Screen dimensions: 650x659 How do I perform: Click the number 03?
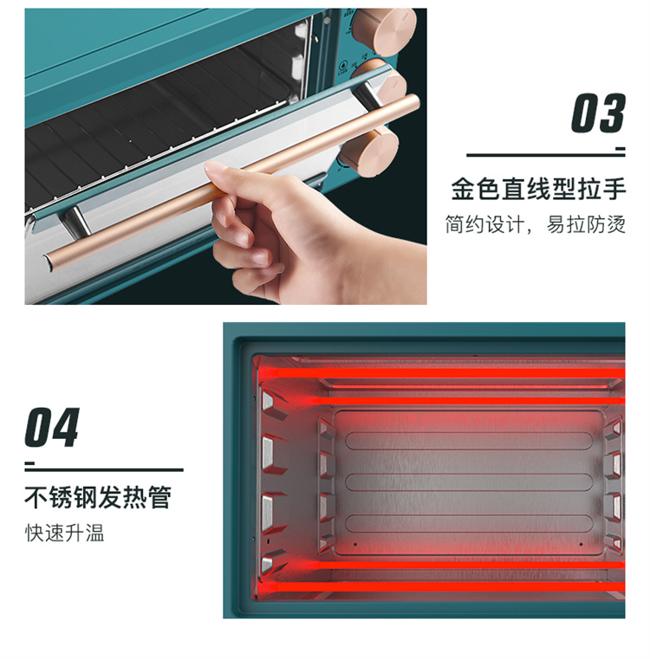pyautogui.click(x=598, y=113)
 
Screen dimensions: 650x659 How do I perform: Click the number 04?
pyautogui.click(x=52, y=427)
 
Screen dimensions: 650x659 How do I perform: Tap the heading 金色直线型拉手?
pyautogui.click(x=538, y=189)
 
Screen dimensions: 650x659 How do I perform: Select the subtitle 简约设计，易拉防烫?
pyautogui.click(x=536, y=224)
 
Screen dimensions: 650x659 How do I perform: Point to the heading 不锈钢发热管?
pyautogui.click(x=98, y=498)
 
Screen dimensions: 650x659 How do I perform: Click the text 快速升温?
pyautogui.click(x=64, y=533)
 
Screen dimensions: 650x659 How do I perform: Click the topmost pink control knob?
pyautogui.click(x=385, y=30)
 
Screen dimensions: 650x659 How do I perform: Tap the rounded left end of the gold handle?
pyautogui.click(x=47, y=262)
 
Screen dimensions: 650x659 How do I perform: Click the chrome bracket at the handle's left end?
pyautogui.click(x=75, y=222)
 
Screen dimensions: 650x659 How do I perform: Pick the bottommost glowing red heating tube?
pyautogui.click(x=439, y=586)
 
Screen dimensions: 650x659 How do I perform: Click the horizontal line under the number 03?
pyautogui.click(x=546, y=155)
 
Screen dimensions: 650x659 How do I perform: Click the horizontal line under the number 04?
pyautogui.click(x=104, y=469)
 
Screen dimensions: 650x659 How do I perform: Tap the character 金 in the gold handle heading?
pyautogui.click(x=463, y=189)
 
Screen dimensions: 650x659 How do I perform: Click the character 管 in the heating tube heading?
pyautogui.click(x=159, y=498)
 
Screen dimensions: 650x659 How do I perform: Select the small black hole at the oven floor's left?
pyautogui.click(x=355, y=545)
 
